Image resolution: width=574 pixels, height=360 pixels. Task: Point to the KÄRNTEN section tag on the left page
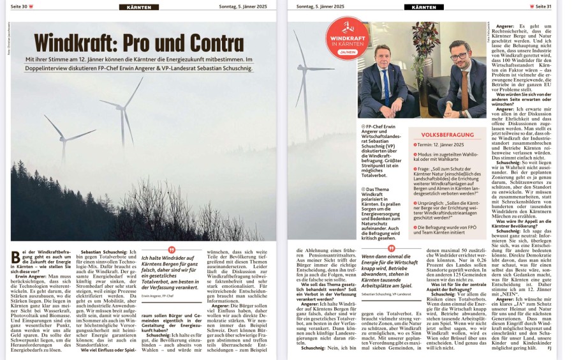138,7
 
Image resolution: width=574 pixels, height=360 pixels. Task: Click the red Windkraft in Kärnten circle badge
348,38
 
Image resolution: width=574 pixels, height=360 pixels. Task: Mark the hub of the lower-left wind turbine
64,139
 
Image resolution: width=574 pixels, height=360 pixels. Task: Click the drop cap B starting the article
15,257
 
